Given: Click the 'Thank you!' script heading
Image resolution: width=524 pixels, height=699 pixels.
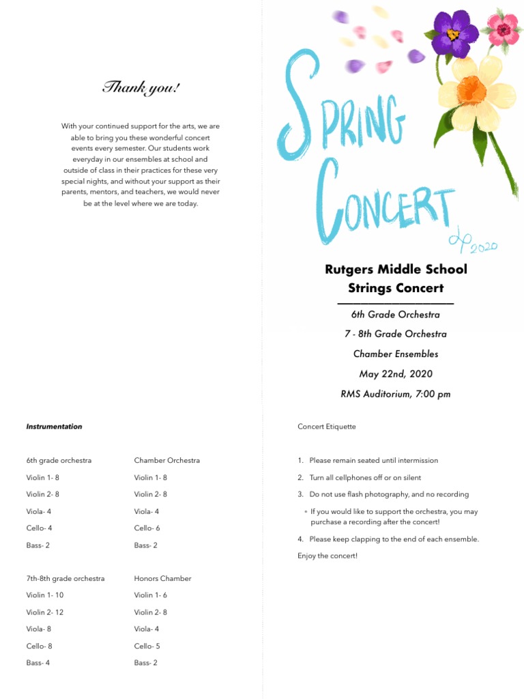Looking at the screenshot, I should tap(141, 88).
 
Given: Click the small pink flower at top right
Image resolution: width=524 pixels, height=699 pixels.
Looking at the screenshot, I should tap(504, 28).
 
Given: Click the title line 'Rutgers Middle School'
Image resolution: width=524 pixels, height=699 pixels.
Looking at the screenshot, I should tap(396, 269).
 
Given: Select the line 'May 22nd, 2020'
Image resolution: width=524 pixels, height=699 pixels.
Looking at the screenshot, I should tap(396, 374).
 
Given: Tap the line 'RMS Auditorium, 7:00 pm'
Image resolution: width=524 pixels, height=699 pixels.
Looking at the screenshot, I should tap(396, 394).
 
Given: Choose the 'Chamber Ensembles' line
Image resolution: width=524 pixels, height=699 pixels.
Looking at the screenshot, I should tap(396, 354).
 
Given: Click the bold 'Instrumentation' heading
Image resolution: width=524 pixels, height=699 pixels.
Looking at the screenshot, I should tap(54, 427).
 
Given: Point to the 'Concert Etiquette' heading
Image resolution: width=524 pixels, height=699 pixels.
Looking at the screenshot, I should tap(327, 427).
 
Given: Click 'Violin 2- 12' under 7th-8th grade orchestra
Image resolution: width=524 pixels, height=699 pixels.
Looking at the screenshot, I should tap(45, 612).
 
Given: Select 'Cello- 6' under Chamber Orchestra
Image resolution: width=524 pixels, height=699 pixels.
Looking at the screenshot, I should tap(147, 528).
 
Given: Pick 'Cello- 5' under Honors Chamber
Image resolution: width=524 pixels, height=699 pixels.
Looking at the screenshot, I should tap(147, 646).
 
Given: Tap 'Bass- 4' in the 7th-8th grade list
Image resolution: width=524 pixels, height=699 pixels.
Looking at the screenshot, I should tap(38, 663).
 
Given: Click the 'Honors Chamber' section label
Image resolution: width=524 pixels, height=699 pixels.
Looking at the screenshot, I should tap(162, 578).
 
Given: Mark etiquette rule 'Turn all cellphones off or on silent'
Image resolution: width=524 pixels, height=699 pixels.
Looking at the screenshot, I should tap(365, 478).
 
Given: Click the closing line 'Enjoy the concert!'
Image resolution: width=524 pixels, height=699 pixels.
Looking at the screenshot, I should tap(327, 556).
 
